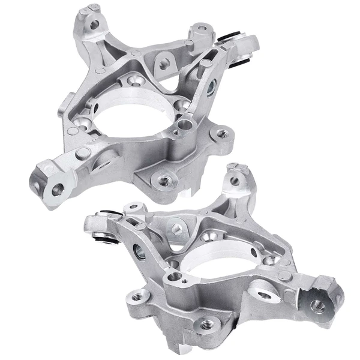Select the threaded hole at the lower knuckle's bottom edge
[x=206, y=324]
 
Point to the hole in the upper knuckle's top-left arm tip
[x=94, y=25]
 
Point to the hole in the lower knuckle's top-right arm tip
[x=235, y=181]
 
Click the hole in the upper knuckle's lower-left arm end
[x=58, y=190]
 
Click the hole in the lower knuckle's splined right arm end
[x=318, y=307]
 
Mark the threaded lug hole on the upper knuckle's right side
[x=223, y=133]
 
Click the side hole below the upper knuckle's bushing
[x=211, y=86]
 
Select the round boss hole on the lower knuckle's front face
[x=175, y=277]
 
